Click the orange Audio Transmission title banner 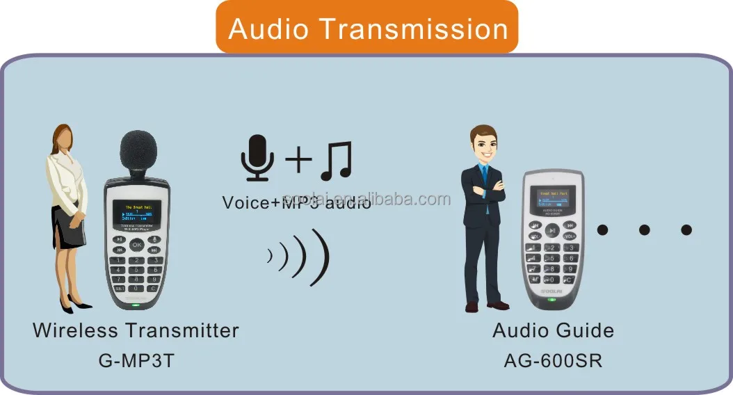[367, 28]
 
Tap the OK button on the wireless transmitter [136, 244]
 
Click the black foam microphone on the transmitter [138, 154]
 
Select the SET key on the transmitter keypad [119, 288]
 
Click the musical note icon [336, 160]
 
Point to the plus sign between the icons [298, 160]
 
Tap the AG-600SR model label [553, 362]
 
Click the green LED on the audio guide [551, 300]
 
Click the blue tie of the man [487, 186]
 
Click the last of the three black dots [686, 229]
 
